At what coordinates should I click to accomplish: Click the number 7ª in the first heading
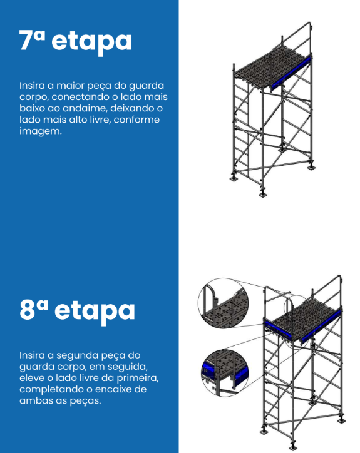32,40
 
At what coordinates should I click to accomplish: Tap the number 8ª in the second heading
34,310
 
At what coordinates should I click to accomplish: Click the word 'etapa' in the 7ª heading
91,43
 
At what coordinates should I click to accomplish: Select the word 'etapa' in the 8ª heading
95,313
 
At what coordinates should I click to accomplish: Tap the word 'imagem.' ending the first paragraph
41,131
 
